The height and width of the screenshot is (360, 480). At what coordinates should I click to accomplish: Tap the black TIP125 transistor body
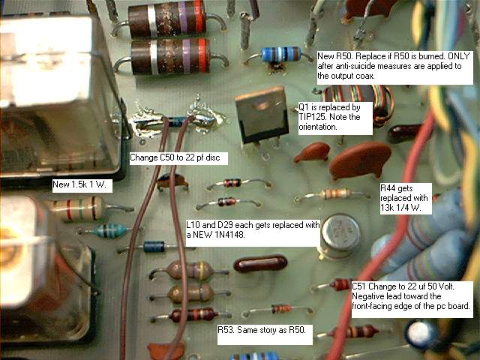coord(262,115)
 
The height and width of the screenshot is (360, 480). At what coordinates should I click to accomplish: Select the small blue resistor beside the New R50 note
coord(280,55)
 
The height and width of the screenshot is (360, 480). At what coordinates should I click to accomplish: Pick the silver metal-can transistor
coord(340,236)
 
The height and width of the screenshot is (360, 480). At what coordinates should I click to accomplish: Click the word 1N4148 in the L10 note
coord(226,235)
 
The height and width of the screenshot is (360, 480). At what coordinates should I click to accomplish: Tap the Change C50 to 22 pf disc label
coord(175,157)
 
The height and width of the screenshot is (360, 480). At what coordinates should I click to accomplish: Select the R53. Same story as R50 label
coord(262,330)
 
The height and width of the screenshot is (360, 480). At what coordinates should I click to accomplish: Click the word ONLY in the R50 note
coord(458,56)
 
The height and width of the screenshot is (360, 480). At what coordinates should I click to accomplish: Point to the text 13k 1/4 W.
coord(400,208)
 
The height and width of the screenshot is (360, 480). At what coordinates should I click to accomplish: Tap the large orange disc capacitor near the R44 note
coord(359,160)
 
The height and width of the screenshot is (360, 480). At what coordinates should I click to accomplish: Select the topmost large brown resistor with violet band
coord(167,17)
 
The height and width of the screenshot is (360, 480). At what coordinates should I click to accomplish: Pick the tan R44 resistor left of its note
coord(335,194)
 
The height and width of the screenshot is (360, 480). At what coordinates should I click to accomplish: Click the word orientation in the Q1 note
coord(318,127)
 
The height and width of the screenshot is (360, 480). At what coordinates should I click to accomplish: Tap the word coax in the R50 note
coord(365,76)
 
